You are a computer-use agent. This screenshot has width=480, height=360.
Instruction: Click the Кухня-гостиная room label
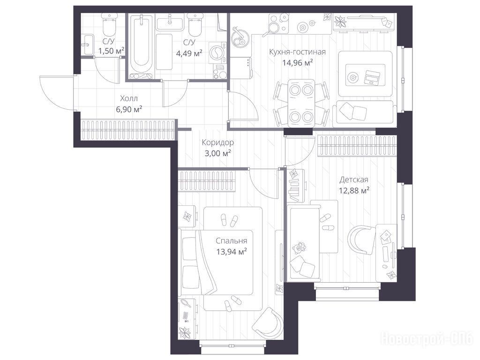coord(297,52)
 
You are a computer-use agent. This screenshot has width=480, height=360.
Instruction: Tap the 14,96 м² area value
coord(297,63)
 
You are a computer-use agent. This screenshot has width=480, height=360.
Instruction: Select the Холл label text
coord(129,98)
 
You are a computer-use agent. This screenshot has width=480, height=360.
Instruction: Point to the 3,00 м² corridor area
coord(217,153)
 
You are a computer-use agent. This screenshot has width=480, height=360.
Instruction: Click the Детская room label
coord(353,180)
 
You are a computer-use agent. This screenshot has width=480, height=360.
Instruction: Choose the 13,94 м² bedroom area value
coord(232,252)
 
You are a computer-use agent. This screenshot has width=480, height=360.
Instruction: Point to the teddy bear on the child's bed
coord(299,247)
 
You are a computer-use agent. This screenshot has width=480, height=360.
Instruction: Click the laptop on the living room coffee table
coord(371,77)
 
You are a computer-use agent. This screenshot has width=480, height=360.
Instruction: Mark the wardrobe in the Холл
coord(128,130)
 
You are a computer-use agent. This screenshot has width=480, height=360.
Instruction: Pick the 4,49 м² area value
coord(189,53)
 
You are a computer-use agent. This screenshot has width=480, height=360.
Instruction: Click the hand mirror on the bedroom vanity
coord(185,303)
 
